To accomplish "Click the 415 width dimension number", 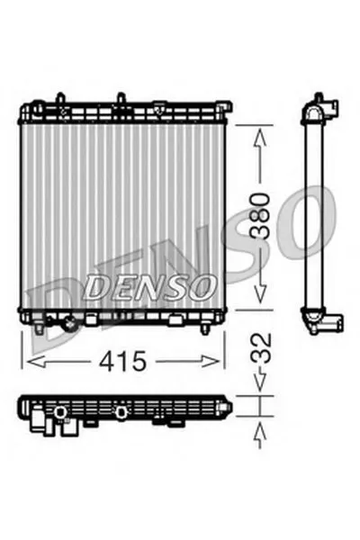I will (122, 362).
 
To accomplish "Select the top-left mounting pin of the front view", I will (58, 96).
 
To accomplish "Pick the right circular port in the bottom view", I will (121, 412).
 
